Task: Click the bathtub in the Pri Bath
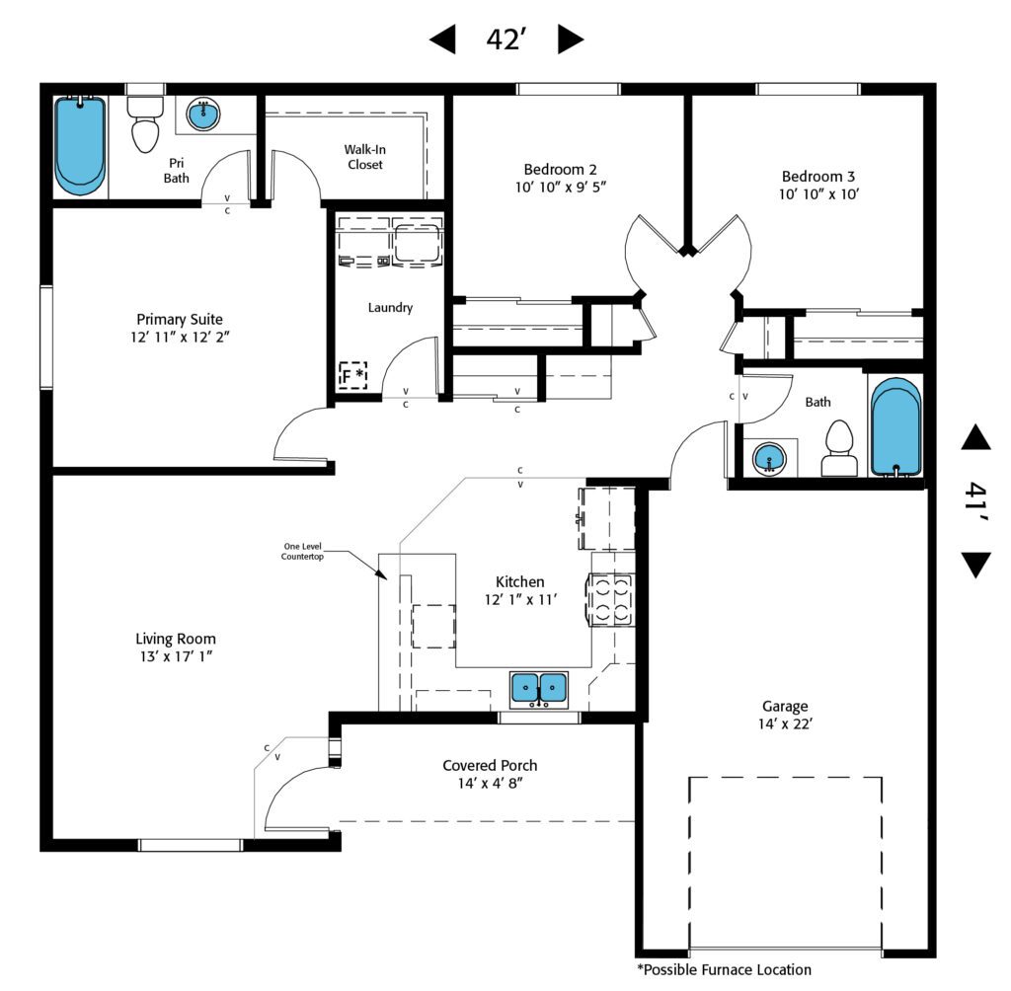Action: [79, 143]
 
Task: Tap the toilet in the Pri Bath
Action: [146, 126]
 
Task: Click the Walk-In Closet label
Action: [364, 157]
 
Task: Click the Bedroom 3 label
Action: [818, 177]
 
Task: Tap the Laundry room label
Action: [390, 308]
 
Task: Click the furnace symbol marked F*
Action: [353, 375]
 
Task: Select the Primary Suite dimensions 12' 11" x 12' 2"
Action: [180, 337]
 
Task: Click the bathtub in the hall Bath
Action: [895, 426]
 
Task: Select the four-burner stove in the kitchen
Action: [611, 598]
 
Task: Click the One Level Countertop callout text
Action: [303, 551]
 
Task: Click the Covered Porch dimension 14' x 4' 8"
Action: [490, 784]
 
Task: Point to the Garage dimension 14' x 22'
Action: [785, 724]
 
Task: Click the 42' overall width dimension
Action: [505, 39]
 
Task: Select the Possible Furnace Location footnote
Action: [724, 969]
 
